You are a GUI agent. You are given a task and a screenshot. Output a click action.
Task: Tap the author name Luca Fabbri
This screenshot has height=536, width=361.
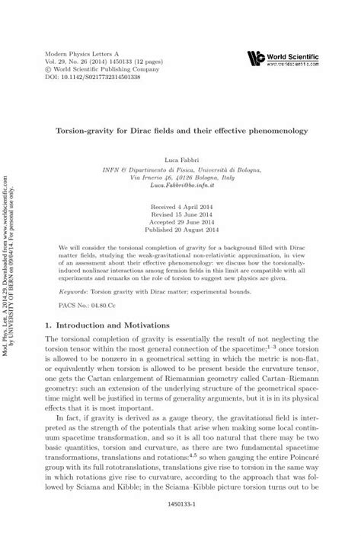pyautogui.click(x=179, y=163)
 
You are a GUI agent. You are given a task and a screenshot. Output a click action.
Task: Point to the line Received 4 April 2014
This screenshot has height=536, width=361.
pyautogui.click(x=179, y=205)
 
